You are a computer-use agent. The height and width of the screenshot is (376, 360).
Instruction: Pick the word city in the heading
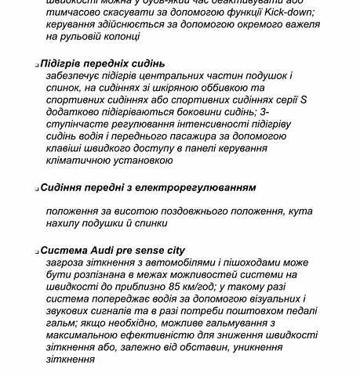point(172,251)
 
